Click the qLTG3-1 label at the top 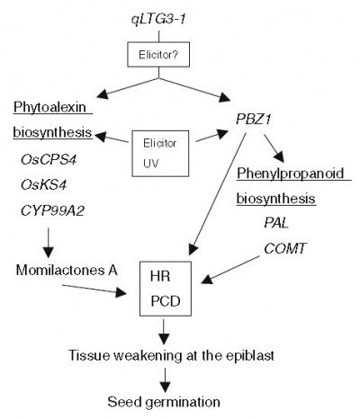[158, 20]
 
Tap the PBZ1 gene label [254, 120]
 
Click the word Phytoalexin [49, 107]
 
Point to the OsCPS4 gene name [49, 159]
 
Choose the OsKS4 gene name [43, 185]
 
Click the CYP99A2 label [52, 211]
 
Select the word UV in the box [151, 164]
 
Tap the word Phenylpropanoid [291, 174]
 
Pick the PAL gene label [276, 223]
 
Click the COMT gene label [285, 248]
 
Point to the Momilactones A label [67, 270]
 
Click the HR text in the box [160, 276]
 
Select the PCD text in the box [166, 301]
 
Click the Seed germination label [164, 402]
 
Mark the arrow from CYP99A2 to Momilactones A [48, 243]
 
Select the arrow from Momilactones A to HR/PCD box [94, 290]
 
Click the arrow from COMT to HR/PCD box [230, 270]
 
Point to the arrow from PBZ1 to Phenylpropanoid [274, 148]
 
